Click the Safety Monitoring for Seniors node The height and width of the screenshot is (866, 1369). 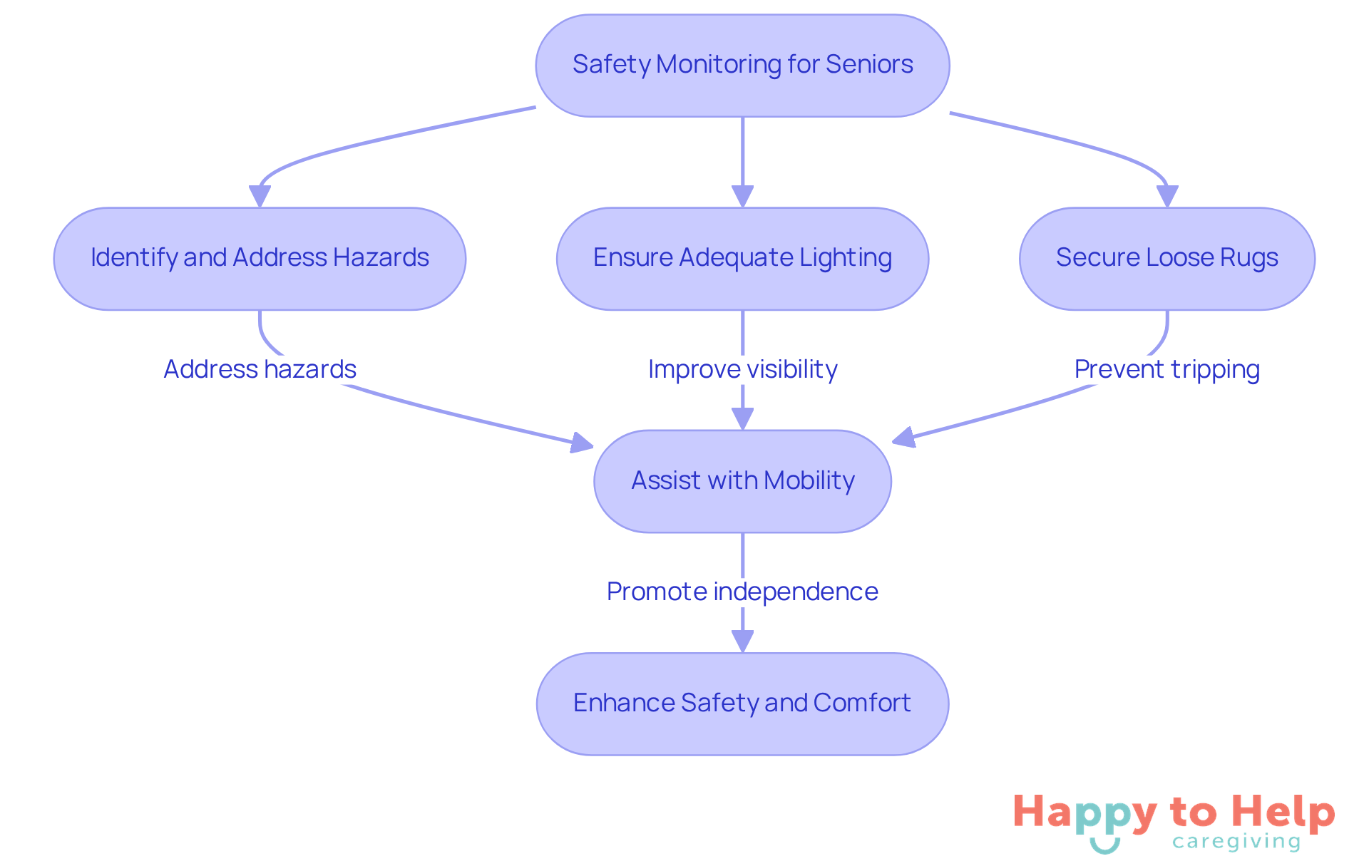click(742, 66)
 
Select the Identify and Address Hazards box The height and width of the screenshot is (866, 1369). click(260, 259)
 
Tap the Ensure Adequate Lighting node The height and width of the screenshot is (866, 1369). click(742, 259)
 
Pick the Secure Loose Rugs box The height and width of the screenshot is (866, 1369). click(1167, 259)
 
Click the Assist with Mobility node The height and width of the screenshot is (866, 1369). click(742, 481)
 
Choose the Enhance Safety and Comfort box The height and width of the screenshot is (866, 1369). click(742, 703)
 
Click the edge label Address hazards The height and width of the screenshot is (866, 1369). click(260, 369)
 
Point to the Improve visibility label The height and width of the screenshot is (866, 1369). click(742, 369)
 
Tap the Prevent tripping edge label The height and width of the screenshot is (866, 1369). click(1167, 369)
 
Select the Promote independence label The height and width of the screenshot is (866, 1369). click(742, 592)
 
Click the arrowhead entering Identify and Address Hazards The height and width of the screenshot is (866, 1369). click(260, 196)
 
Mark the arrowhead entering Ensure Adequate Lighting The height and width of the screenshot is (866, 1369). click(742, 196)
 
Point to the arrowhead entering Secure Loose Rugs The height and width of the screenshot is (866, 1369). click(1167, 196)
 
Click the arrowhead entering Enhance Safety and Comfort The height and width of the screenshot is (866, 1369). click(742, 641)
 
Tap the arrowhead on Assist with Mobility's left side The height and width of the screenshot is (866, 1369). click(583, 443)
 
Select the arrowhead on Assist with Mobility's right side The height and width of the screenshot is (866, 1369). click(903, 438)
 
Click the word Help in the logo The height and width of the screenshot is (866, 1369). click(1283, 813)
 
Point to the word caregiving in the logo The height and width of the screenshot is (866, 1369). click(1236, 842)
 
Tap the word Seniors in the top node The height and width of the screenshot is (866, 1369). click(869, 64)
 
